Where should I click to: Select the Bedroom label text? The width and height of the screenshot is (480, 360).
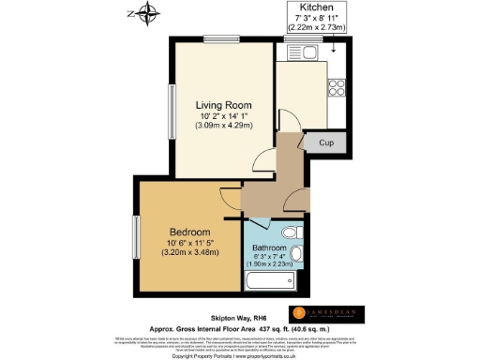(190, 232)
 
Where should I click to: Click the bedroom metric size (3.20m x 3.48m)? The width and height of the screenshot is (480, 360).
(190, 251)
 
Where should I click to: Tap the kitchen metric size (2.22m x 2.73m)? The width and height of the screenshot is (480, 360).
(318, 27)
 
